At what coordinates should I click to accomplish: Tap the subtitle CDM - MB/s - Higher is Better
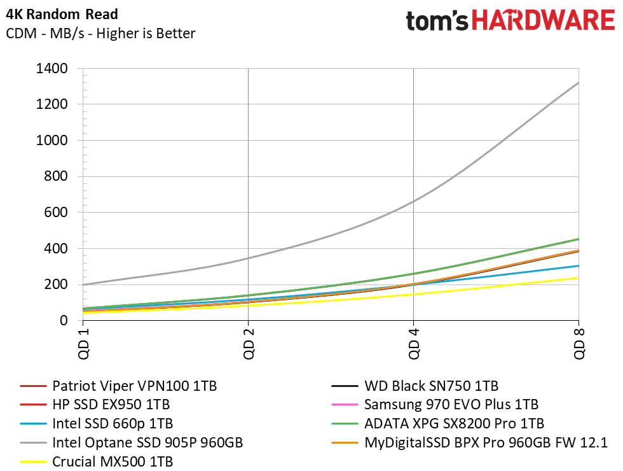(x=100, y=33)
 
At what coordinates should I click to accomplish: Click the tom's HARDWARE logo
(x=510, y=22)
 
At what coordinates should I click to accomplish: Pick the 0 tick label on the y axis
(x=64, y=321)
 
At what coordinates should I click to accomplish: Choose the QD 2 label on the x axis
(x=248, y=344)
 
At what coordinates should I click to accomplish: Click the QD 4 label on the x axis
(x=413, y=344)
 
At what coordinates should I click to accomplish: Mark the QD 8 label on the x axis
(x=578, y=344)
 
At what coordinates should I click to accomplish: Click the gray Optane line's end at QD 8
(x=578, y=83)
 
